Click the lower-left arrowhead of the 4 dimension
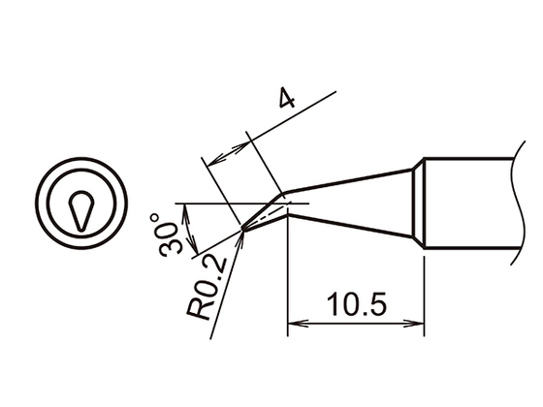(212, 156)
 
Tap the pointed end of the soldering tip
(240, 229)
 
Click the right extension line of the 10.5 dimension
(424, 291)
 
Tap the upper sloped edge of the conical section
(349, 178)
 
